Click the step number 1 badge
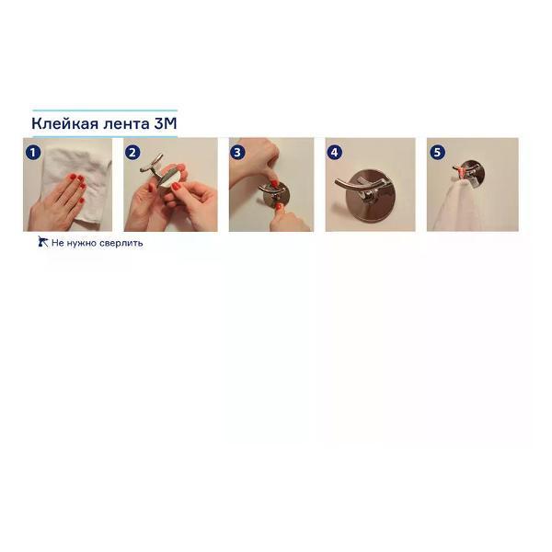click(x=32, y=152)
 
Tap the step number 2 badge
click(x=133, y=152)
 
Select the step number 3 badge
click(x=238, y=152)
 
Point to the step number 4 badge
click(x=334, y=152)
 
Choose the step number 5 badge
click(x=435, y=152)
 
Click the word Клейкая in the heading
click(x=60, y=123)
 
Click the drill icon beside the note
click(x=42, y=242)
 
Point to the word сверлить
click(x=120, y=243)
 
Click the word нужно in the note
click(x=80, y=243)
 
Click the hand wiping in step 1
click(x=60, y=201)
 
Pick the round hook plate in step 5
click(x=472, y=172)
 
